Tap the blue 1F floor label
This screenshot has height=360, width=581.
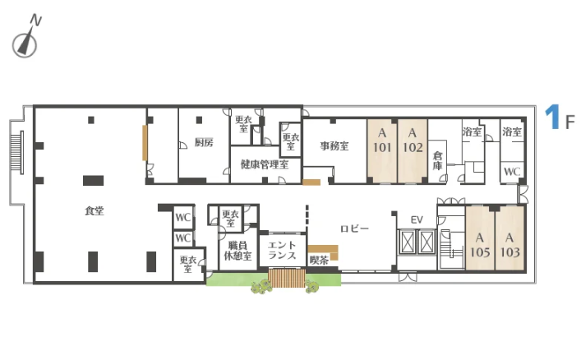click(x=560, y=118)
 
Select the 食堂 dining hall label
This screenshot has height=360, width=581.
click(x=95, y=210)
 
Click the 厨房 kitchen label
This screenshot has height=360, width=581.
click(x=204, y=142)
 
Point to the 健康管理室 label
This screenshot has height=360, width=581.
click(x=265, y=164)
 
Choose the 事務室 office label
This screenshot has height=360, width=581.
click(x=334, y=145)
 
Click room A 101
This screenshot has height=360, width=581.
click(x=382, y=151)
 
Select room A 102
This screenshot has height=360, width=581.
click(x=413, y=151)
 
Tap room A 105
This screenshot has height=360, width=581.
click(x=480, y=238)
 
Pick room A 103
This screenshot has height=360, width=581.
click(x=510, y=238)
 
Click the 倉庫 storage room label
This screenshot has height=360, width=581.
click(x=438, y=160)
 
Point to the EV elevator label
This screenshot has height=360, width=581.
click(x=417, y=219)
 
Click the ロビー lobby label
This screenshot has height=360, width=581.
click(x=355, y=228)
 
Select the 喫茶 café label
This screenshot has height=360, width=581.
click(x=319, y=260)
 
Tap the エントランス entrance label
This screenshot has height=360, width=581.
click(x=282, y=250)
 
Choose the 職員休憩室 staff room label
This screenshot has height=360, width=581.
click(x=237, y=250)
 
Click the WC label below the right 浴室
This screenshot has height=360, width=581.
click(x=512, y=172)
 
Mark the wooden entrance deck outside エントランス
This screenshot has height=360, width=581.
click(x=287, y=278)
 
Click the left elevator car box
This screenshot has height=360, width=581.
click(x=407, y=242)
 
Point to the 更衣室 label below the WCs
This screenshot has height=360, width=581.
click(x=188, y=264)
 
